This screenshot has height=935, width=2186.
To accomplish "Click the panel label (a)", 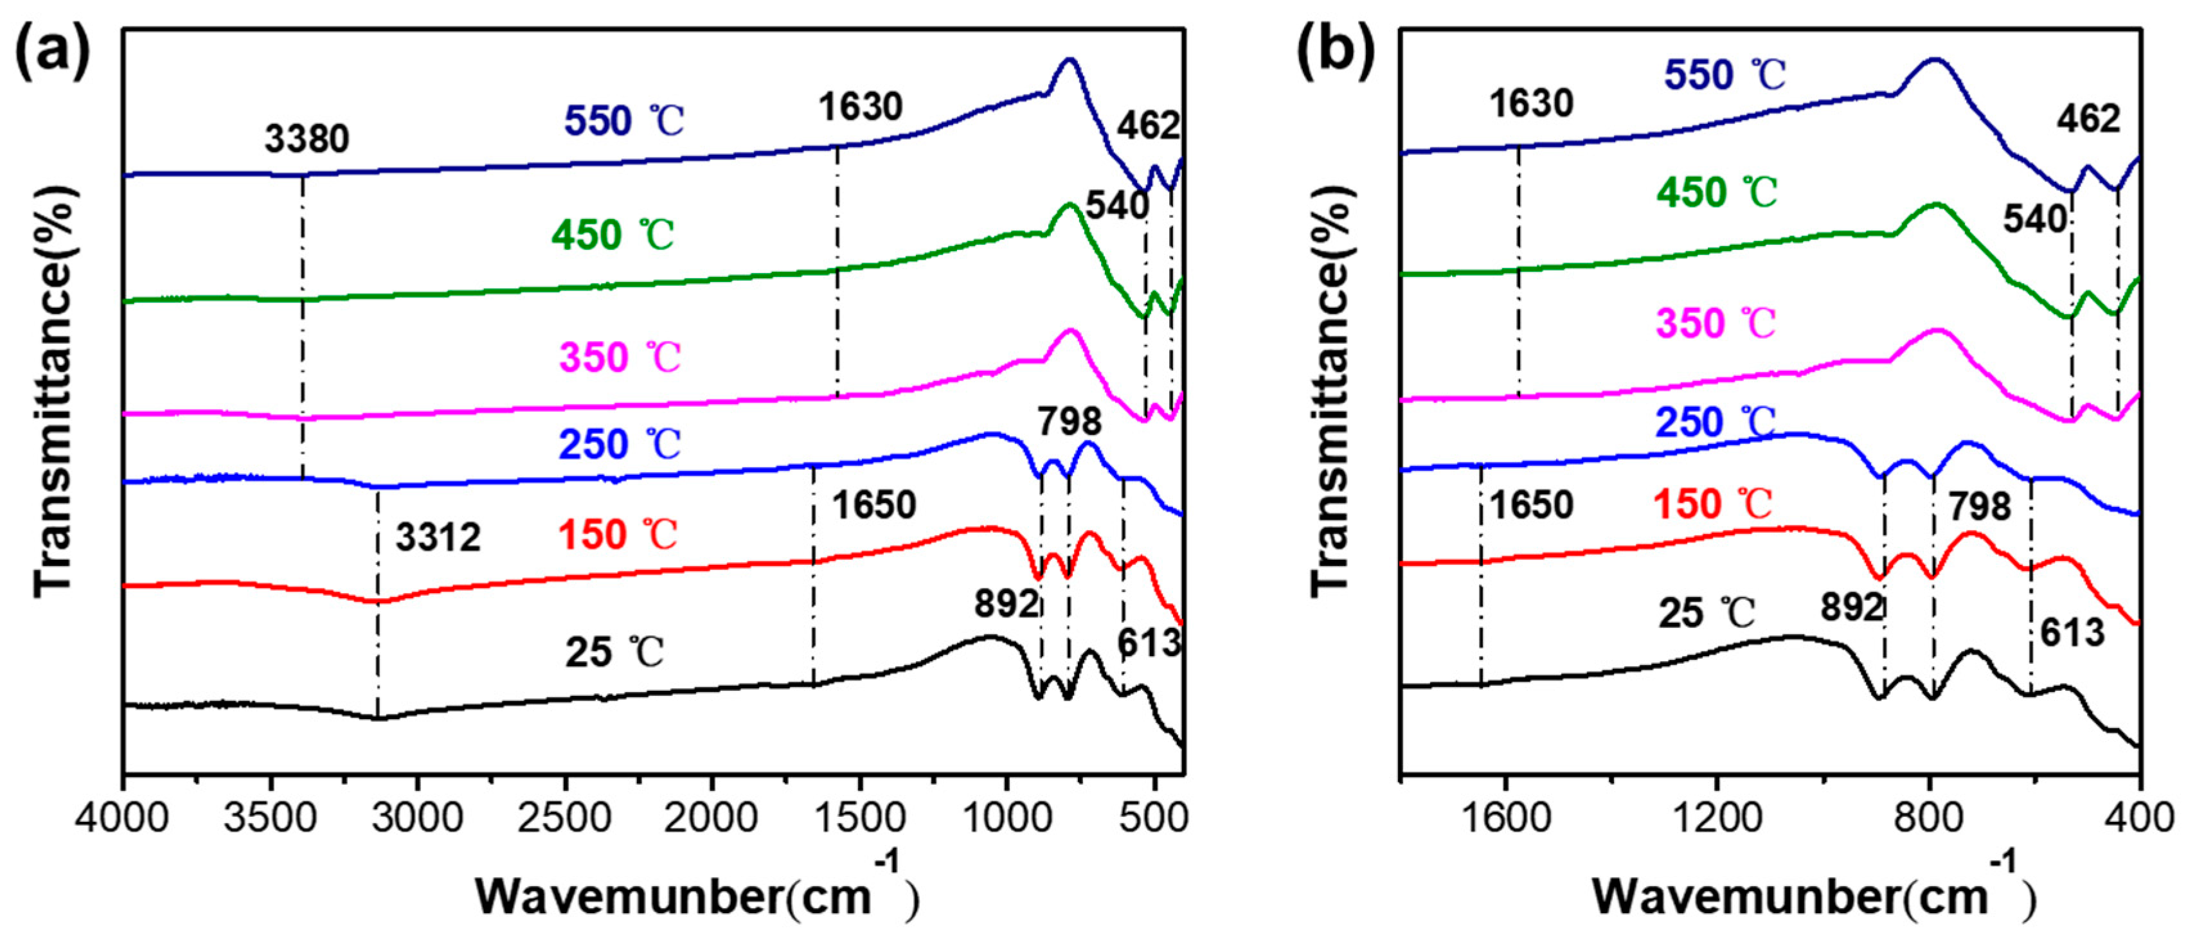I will pyautogui.click(x=53, y=53).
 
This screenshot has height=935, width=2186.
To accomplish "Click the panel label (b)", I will pyautogui.click(x=1335, y=53).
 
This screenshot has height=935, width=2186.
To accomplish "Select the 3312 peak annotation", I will pyautogui.click(x=438, y=538).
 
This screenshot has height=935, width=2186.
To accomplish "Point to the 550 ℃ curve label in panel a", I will pyautogui.click(x=623, y=121).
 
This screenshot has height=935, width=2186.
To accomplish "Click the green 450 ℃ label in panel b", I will pyautogui.click(x=1716, y=193).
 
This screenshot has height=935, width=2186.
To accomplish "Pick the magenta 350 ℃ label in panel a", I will pyautogui.click(x=620, y=357).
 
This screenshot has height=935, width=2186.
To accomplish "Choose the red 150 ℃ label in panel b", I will pyautogui.click(x=1712, y=504).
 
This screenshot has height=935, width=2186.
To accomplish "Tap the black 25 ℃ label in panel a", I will pyautogui.click(x=614, y=652).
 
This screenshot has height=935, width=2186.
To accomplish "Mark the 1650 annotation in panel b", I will pyautogui.click(x=1531, y=505).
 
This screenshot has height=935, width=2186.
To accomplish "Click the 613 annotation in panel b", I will pyautogui.click(x=2072, y=633).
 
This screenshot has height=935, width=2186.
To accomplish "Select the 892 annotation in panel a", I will pyautogui.click(x=1006, y=605).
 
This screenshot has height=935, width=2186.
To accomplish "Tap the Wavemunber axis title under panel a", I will pyautogui.click(x=696, y=896).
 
